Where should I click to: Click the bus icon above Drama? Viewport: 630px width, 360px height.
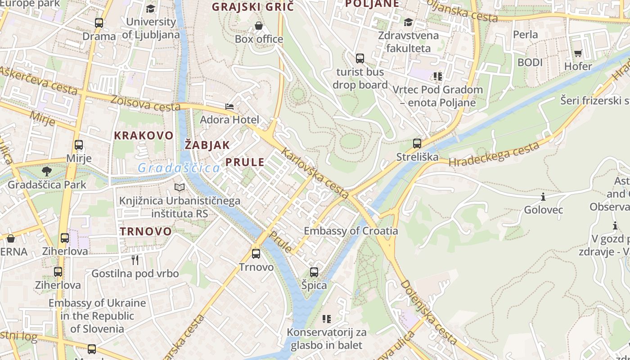click(99, 22)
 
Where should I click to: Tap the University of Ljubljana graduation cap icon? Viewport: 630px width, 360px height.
click(150, 9)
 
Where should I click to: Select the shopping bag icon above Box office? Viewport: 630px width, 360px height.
click(259, 26)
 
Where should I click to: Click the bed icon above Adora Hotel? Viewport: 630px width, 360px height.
click(229, 107)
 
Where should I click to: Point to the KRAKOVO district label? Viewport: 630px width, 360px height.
click(144, 135)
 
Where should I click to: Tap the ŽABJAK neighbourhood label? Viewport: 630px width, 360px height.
click(207, 145)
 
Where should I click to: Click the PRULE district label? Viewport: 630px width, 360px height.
click(245, 162)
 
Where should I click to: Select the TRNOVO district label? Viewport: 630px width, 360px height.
click(146, 232)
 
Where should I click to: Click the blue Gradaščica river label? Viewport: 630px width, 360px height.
click(179, 168)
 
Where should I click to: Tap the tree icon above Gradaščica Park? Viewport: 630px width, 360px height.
click(46, 171)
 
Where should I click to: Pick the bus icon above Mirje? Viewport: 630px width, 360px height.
click(79, 145)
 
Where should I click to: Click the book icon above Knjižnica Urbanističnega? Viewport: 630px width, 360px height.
click(180, 187)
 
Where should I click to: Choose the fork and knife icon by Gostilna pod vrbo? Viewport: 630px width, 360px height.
click(135, 260)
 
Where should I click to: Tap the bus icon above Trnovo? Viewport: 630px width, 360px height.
click(256, 254)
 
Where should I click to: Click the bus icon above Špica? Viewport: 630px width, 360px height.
click(314, 272)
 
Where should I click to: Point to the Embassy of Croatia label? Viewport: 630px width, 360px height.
click(351, 231)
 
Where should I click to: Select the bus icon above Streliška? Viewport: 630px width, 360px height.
click(417, 144)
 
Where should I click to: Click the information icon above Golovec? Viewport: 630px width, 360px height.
click(543, 197)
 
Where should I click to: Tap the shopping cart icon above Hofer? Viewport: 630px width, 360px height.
click(578, 53)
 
